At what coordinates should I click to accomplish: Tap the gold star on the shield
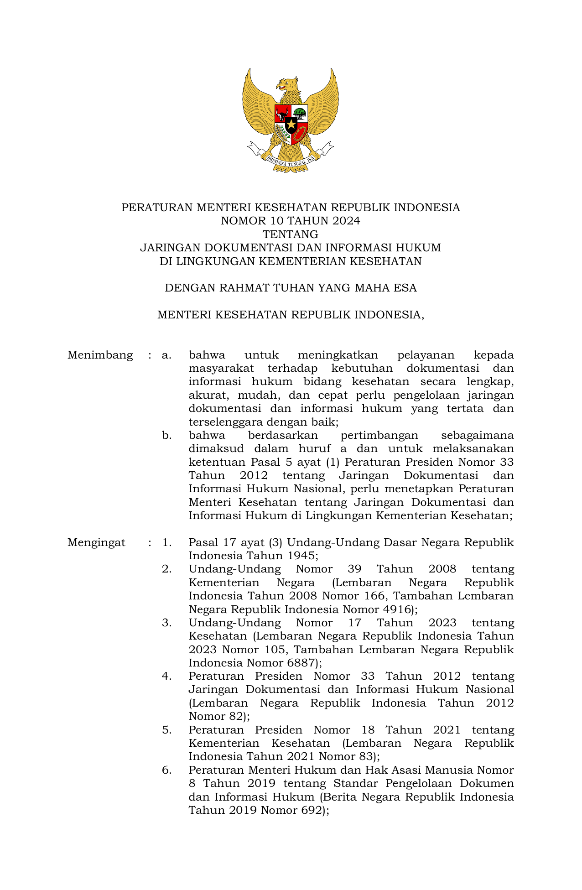point(291,124)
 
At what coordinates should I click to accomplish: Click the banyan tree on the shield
point(299,113)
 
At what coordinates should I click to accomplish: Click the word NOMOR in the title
point(238,221)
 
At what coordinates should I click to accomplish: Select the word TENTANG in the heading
point(291,234)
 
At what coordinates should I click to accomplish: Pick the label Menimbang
point(100,355)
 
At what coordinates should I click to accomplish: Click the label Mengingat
point(96,542)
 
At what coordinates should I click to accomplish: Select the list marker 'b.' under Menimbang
point(167,435)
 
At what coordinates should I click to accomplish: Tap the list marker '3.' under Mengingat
point(167,623)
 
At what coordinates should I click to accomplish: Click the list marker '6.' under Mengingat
point(167,770)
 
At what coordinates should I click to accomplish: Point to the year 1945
point(301,556)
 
